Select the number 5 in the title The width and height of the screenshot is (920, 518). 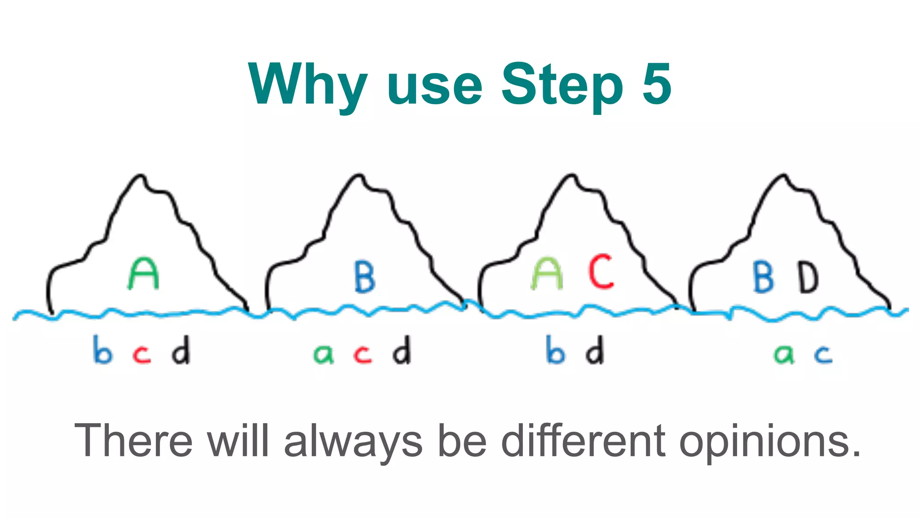pos(657,84)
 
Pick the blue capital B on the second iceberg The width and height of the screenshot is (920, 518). pos(364,277)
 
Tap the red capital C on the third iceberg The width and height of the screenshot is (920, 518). pos(602,271)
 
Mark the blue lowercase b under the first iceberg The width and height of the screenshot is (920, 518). pos(102,350)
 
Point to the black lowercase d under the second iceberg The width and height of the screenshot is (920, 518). pos(402,350)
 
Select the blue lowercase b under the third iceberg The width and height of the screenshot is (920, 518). pos(555,350)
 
